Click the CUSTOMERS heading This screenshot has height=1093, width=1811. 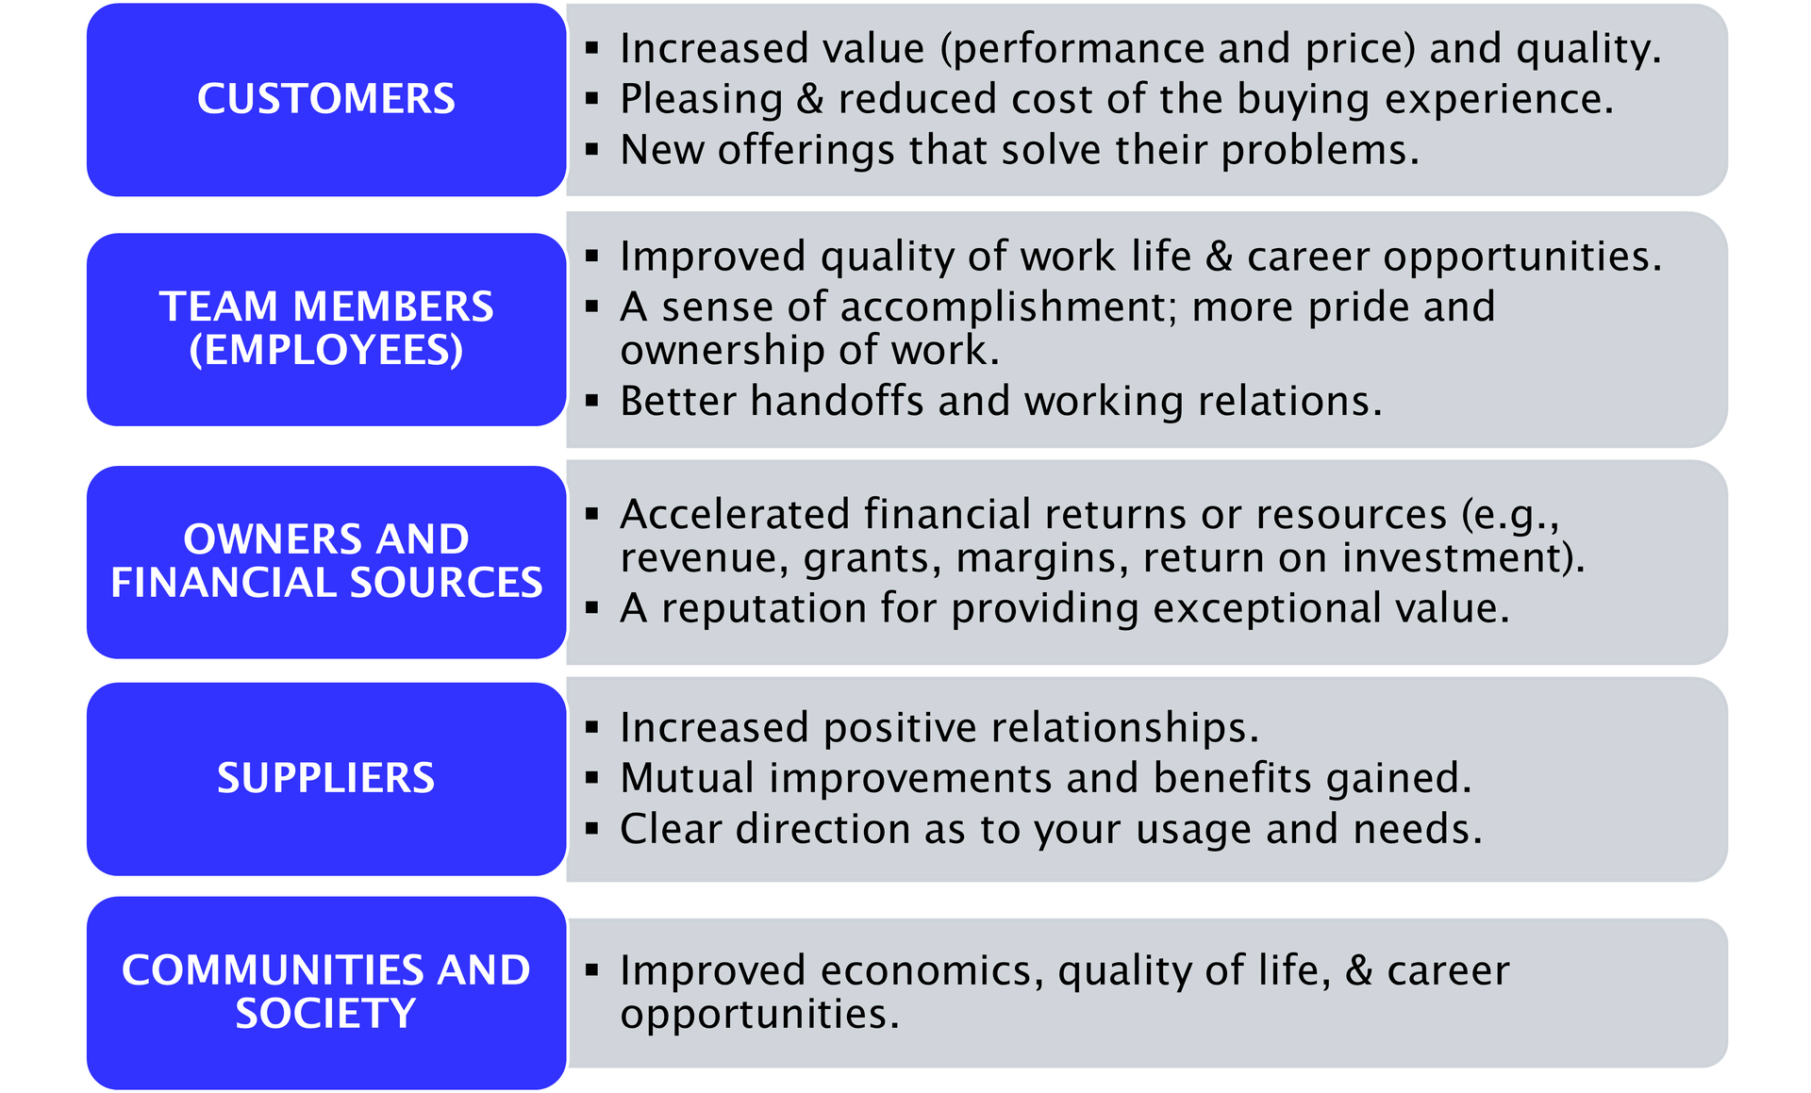(325, 99)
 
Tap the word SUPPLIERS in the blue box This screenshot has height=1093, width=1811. (325, 778)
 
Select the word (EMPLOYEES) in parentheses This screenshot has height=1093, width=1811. (326, 351)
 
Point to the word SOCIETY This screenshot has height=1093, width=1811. (325, 1014)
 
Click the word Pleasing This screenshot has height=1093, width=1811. (701, 100)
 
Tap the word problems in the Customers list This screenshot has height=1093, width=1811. (1321, 151)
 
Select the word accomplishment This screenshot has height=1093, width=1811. (1008, 307)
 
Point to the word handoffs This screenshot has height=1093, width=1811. (837, 401)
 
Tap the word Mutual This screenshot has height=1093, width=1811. (687, 779)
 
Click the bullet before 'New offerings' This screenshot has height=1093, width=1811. (592, 149)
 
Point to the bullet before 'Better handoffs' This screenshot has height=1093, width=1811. (592, 401)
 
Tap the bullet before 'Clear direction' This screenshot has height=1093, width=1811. (592, 829)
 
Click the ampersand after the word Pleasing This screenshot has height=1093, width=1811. (810, 100)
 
